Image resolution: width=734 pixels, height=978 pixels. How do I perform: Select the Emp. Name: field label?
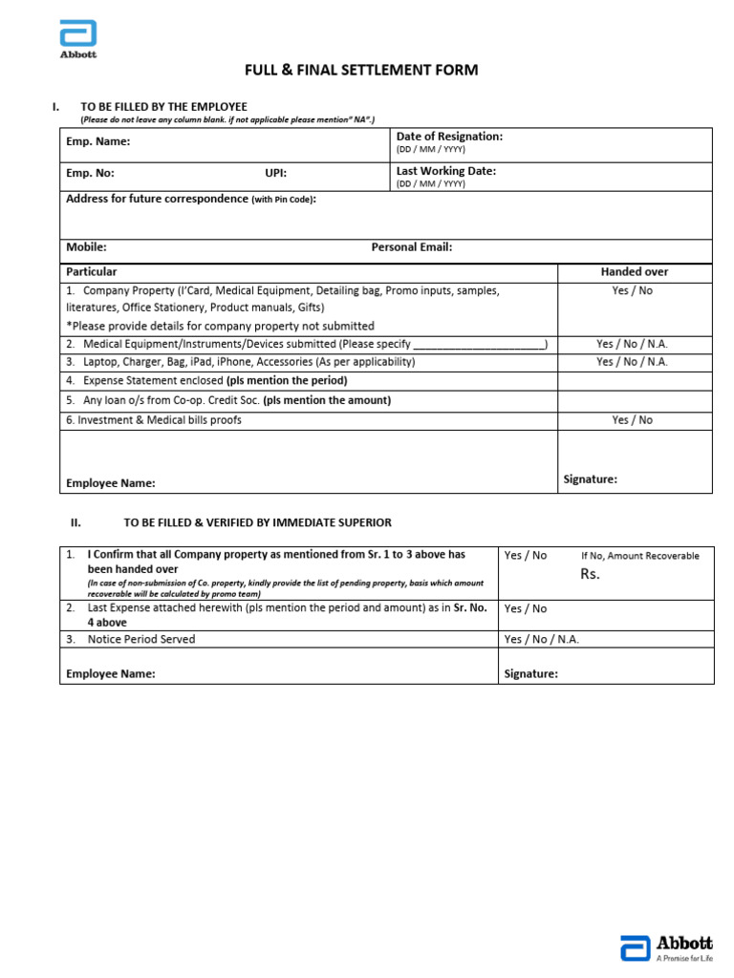[97, 142]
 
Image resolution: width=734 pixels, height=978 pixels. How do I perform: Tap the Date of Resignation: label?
[448, 137]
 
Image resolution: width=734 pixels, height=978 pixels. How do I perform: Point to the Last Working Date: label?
[445, 171]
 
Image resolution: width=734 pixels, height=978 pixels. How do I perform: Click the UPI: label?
[275, 174]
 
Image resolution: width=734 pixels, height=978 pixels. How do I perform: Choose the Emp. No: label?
[90, 174]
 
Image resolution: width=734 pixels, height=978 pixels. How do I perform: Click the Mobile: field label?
[86, 247]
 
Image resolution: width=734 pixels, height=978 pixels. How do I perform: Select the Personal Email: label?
[411, 247]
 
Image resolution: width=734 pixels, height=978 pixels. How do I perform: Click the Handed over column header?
[634, 272]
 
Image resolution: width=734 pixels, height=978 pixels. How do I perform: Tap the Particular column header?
[92, 272]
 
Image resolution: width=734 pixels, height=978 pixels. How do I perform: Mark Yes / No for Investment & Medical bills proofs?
[632, 420]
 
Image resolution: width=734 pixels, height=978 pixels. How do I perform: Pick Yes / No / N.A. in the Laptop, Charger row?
[632, 362]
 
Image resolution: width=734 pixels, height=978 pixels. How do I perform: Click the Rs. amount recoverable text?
[590, 574]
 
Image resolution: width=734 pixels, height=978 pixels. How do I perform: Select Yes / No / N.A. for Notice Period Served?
[541, 640]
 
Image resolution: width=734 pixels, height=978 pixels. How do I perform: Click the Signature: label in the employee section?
[590, 479]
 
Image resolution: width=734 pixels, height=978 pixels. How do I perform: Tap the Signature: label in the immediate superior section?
[530, 674]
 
